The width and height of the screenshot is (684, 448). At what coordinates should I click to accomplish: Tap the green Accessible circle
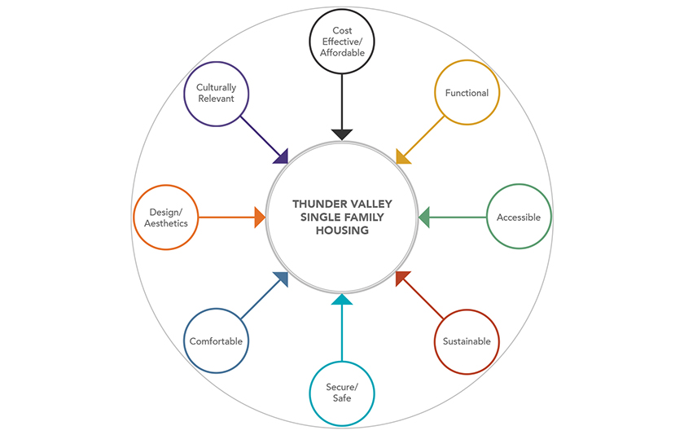tap(519, 217)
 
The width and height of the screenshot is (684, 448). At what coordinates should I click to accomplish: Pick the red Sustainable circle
tap(467, 341)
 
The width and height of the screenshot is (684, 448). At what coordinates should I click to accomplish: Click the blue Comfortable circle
tap(216, 341)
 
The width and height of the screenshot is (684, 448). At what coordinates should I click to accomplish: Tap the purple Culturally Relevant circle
tap(216, 93)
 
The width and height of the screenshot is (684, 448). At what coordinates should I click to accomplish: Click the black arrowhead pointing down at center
tap(342, 134)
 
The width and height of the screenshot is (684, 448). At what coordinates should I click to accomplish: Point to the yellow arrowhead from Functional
tap(401, 156)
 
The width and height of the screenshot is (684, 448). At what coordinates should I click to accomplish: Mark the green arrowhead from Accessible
tap(423, 217)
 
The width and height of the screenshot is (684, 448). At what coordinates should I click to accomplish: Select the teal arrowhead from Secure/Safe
tap(342, 300)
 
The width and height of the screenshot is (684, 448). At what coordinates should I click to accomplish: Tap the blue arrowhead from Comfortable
tap(282, 279)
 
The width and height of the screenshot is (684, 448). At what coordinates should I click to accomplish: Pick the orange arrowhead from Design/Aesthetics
tap(260, 217)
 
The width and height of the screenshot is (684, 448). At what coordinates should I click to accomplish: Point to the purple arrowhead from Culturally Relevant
tap(283, 156)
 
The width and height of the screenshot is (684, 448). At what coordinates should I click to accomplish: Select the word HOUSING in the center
tap(342, 231)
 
